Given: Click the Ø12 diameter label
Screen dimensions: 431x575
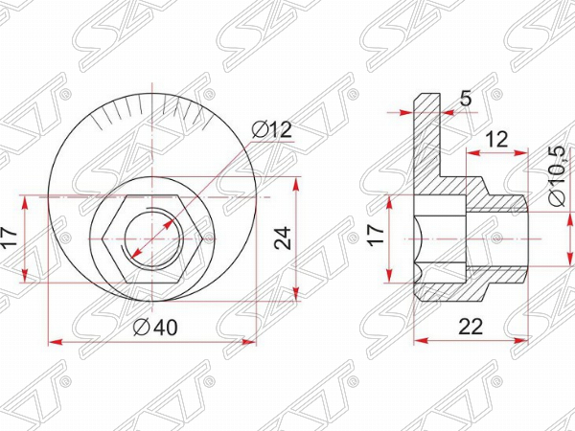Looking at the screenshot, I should tap(272, 130).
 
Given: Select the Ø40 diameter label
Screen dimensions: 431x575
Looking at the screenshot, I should tap(155, 327).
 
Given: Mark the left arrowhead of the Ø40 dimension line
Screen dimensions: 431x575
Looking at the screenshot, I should tap(52, 341).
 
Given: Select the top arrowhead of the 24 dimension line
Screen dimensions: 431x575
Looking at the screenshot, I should tap(300, 180).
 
